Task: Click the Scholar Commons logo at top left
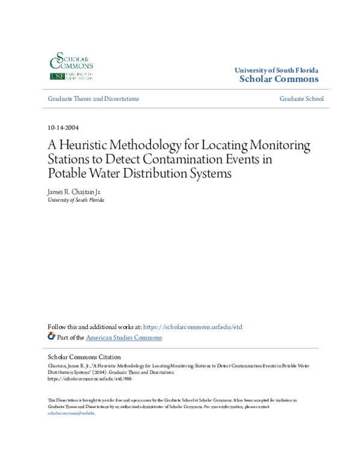[70, 67]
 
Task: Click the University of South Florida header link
[276, 70]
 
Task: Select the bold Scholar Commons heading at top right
[279, 79]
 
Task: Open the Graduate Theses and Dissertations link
[93, 99]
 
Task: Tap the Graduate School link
[301, 99]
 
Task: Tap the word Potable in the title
[67, 174]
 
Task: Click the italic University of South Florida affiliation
[76, 200]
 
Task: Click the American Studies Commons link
[124, 338]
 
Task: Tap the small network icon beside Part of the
[51, 337]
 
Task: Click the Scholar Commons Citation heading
[84, 357]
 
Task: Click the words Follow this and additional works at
[94, 327]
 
